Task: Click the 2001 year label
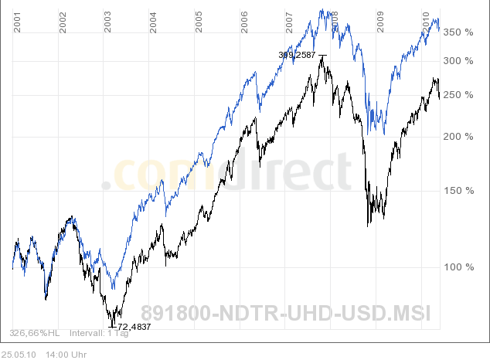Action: pos(17,22)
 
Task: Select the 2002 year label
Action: pos(63,22)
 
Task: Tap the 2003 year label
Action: pos(108,22)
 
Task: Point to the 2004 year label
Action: pos(154,22)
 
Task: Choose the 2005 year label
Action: pos(199,22)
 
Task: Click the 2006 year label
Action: pos(244,22)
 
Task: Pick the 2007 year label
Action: pos(290,22)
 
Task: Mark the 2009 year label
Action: pos(380,22)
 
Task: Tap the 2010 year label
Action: pos(426,22)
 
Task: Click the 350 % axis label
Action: pos(458,32)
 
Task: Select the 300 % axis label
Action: pos(458,61)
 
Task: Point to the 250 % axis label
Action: pos(458,95)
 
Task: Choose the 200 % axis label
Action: pos(458,137)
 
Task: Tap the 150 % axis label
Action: pos(458,191)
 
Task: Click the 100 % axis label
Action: pos(458,267)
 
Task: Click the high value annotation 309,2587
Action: pos(298,55)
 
